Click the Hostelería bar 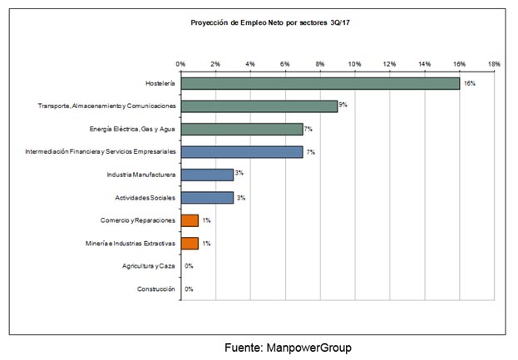click(320, 83)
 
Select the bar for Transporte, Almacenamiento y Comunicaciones click(259, 106)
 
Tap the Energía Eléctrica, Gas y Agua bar click(242, 129)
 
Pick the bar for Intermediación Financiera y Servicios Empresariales click(242, 152)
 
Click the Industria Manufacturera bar click(207, 175)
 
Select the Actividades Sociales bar click(207, 198)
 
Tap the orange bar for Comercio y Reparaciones click(190, 220)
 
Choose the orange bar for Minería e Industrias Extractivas click(190, 244)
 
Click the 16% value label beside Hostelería click(469, 84)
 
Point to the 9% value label click(343, 106)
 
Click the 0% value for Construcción click(189, 289)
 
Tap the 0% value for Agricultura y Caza click(189, 266)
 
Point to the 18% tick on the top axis click(494, 64)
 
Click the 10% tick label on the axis click(355, 64)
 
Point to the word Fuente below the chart click(243, 346)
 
